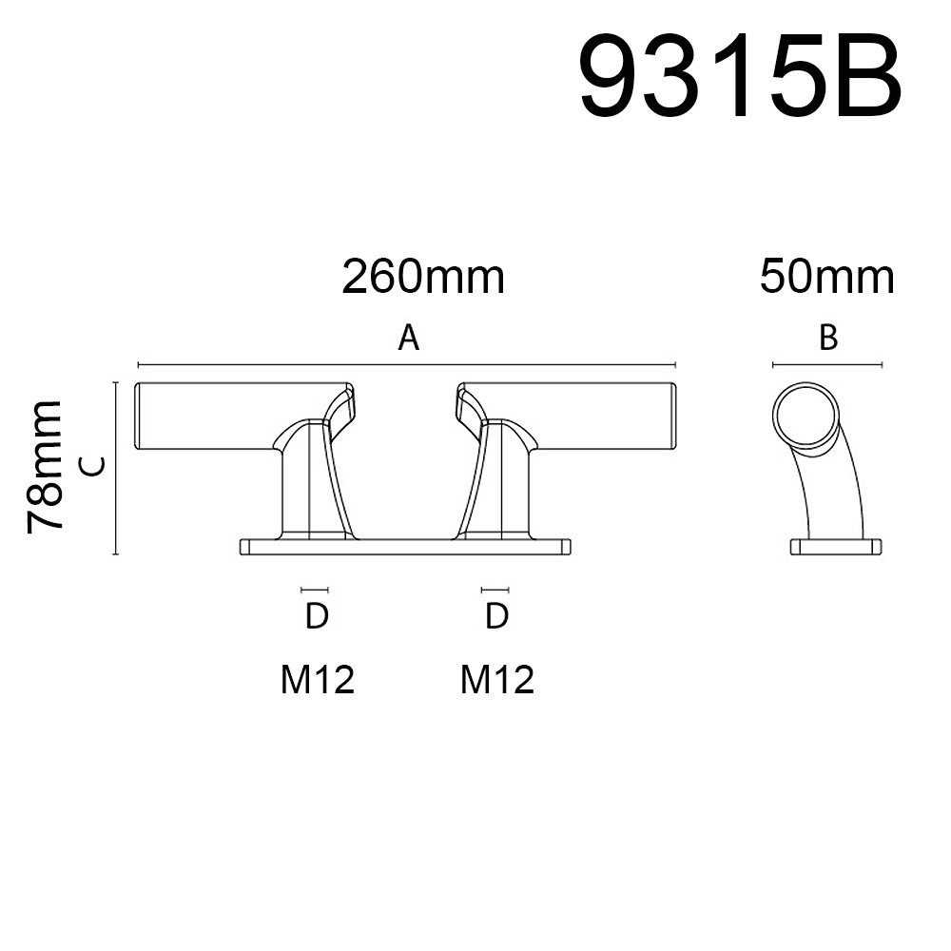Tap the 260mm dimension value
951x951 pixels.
pos(423,277)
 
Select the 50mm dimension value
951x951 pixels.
pos(826,277)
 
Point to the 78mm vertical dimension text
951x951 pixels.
pos(46,466)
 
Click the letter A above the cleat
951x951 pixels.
pos(408,338)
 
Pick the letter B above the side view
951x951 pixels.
pos(828,338)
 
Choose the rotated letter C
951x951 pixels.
pos(93,466)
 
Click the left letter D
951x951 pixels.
pos(316,616)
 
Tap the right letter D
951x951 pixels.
pos(496,616)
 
